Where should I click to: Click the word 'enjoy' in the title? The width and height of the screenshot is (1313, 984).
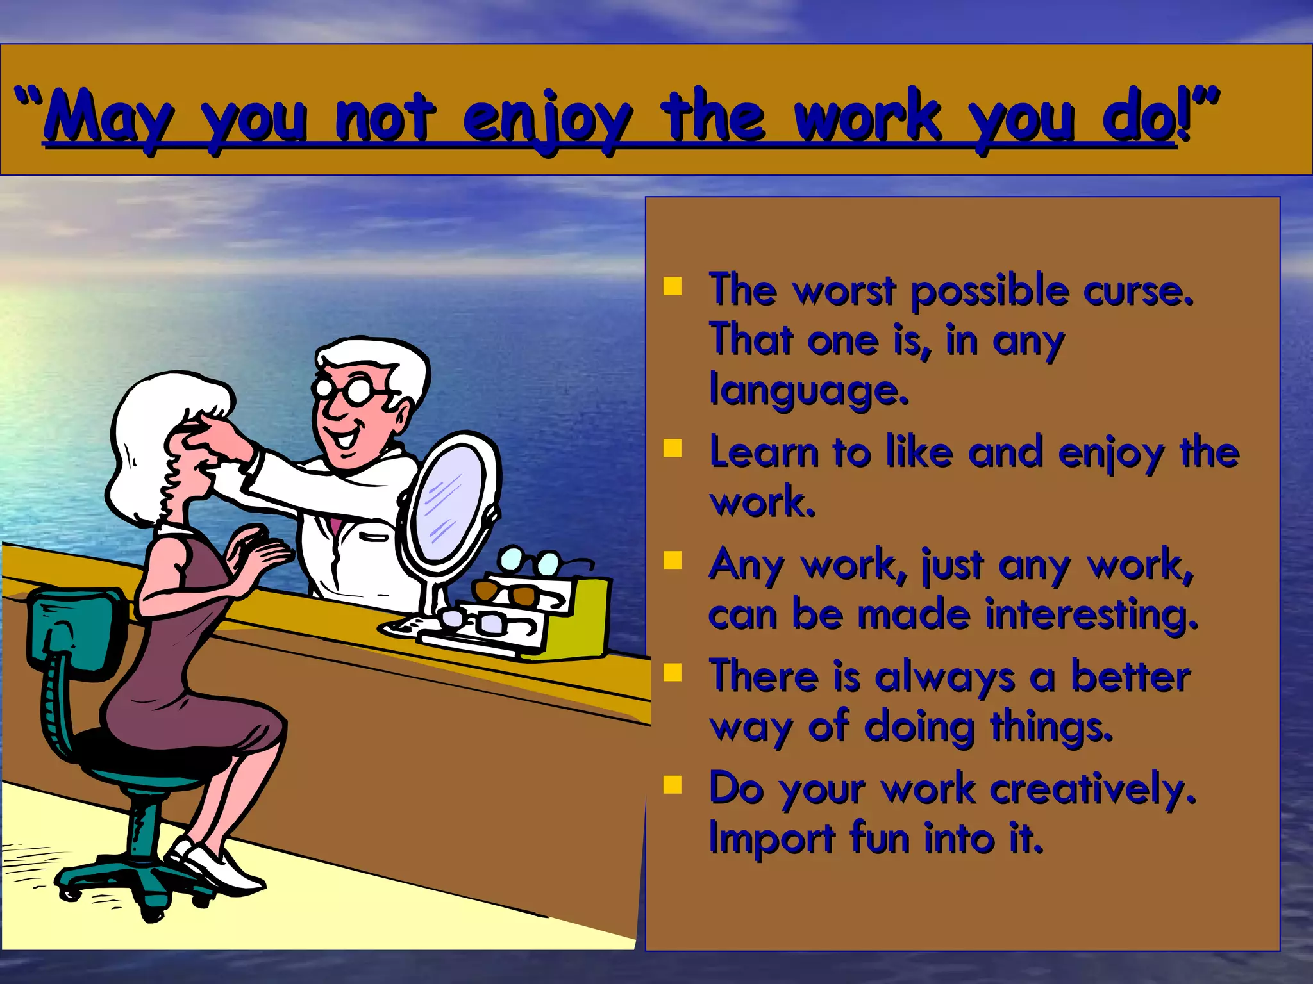click(x=547, y=119)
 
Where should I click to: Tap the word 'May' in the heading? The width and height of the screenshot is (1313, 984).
click(x=109, y=119)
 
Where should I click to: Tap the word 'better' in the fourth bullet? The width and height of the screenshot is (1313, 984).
click(x=1131, y=677)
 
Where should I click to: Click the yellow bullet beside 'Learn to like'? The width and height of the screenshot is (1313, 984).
click(x=672, y=448)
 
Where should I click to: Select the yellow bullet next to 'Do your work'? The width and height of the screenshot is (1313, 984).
click(x=672, y=784)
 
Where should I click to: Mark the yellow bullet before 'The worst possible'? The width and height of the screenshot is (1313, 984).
click(x=672, y=286)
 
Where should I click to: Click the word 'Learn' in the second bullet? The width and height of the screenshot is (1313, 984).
click(x=763, y=452)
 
